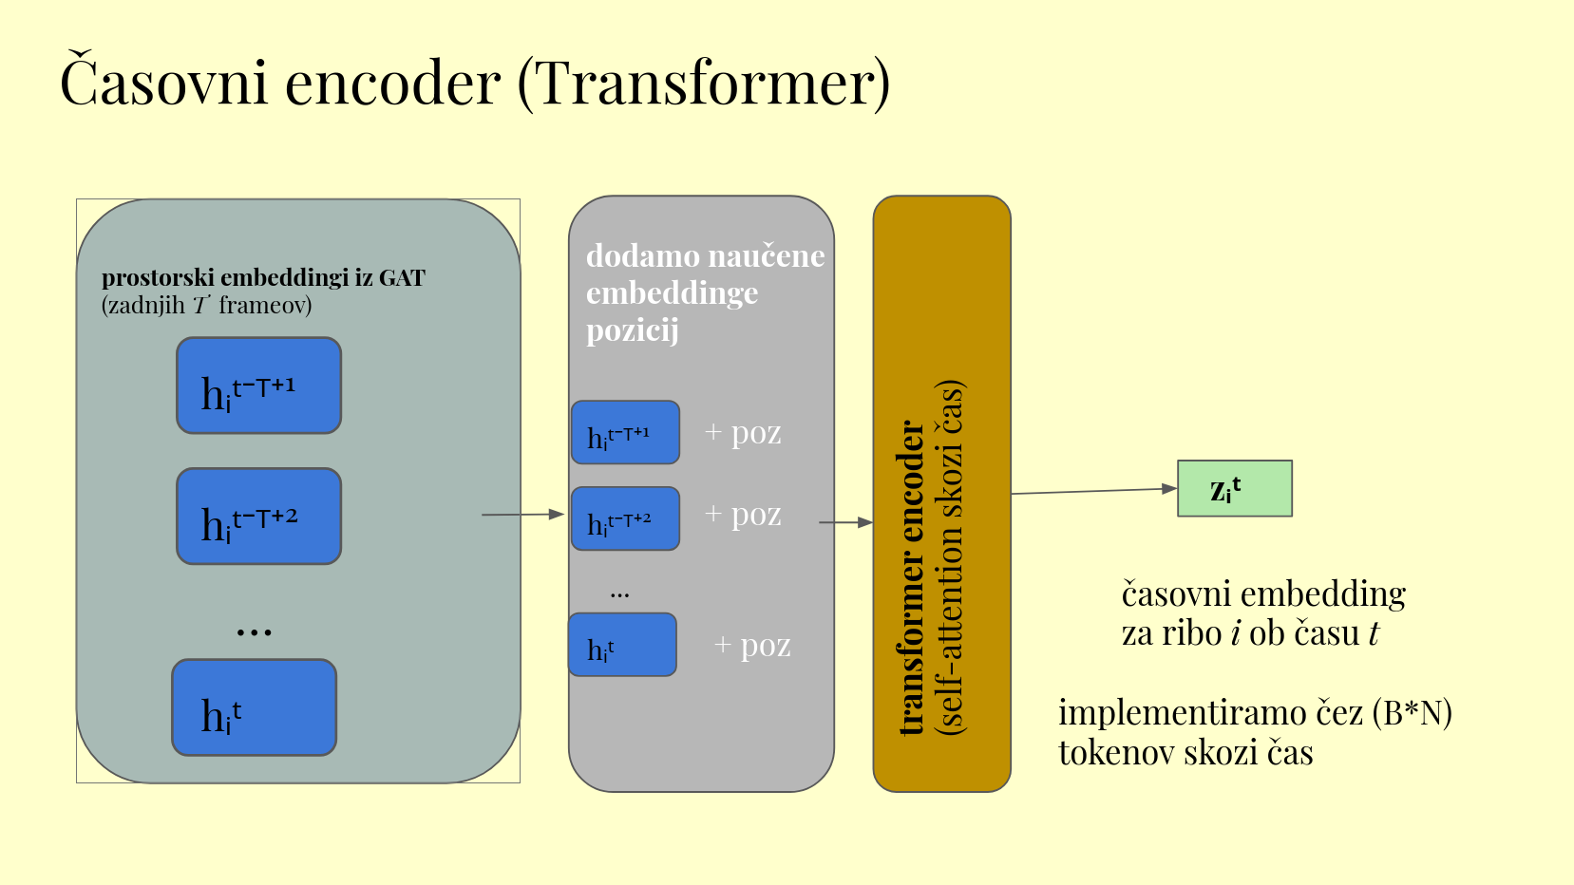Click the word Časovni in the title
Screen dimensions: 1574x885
pyautogui.click(x=163, y=79)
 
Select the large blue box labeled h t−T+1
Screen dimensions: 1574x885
pyautogui.click(x=258, y=386)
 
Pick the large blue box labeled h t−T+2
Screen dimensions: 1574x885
pyautogui.click(x=258, y=517)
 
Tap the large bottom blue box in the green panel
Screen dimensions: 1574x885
pyautogui.click(x=255, y=707)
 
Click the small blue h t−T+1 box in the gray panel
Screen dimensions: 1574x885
pyautogui.click(x=625, y=432)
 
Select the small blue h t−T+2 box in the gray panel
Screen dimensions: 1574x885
pyautogui.click(x=625, y=518)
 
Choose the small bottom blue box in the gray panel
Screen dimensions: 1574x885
pyautogui.click(x=622, y=645)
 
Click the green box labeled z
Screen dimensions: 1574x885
pyautogui.click(x=1235, y=488)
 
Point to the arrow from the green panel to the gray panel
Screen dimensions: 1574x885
pyautogui.click(x=522, y=514)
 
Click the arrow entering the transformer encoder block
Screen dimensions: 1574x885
pyautogui.click(x=846, y=522)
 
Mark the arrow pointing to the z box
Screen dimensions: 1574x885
pyautogui.click(x=1094, y=491)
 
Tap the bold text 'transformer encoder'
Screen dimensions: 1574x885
pyautogui.click(x=911, y=577)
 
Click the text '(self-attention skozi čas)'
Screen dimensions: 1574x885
pyautogui.click(x=950, y=557)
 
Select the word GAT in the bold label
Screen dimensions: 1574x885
pyautogui.click(x=402, y=278)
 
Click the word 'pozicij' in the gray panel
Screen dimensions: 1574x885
pyautogui.click(x=633, y=330)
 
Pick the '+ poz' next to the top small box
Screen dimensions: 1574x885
pyautogui.click(x=743, y=433)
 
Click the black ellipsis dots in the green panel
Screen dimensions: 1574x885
pyautogui.click(x=255, y=632)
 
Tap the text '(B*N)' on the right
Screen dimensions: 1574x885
pyautogui.click(x=1412, y=714)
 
